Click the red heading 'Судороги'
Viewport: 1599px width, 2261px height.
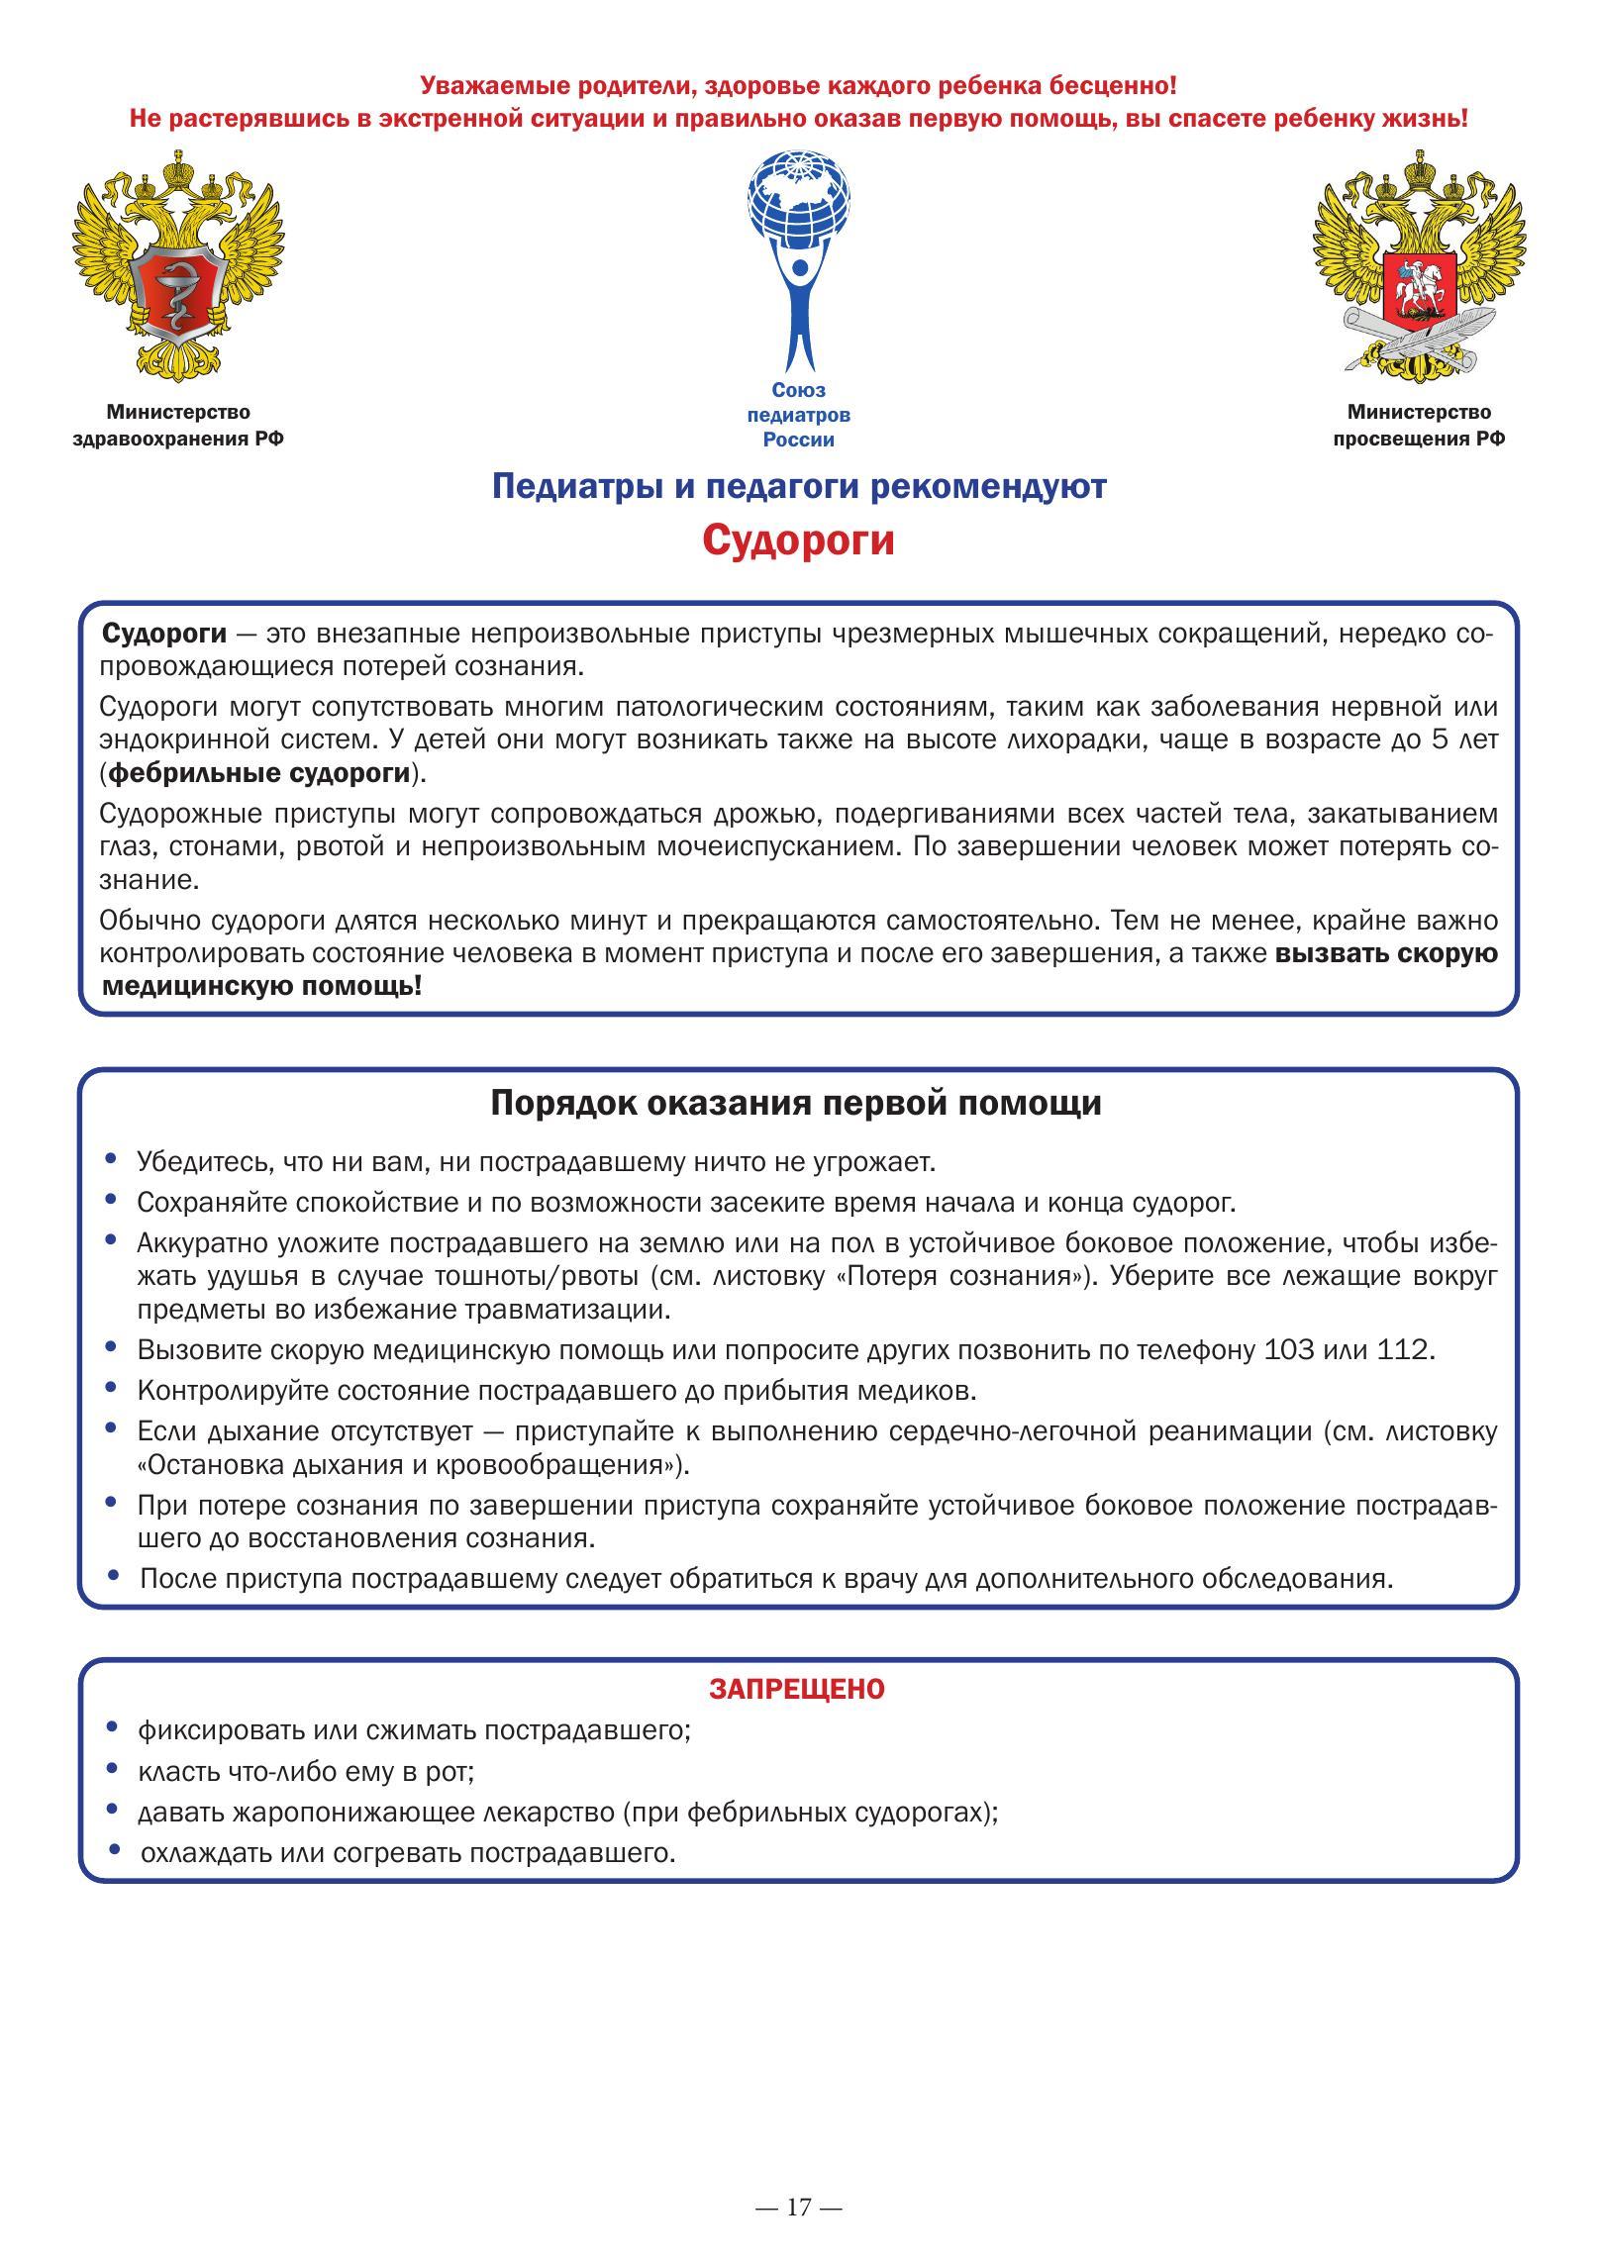(798, 541)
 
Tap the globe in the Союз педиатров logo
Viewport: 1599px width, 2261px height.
(799, 199)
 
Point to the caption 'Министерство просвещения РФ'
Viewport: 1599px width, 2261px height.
(1418, 425)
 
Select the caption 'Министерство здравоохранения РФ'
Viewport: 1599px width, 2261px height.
(178, 425)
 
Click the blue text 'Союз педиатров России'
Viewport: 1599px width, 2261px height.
(798, 415)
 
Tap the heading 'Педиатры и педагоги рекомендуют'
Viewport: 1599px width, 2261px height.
(798, 486)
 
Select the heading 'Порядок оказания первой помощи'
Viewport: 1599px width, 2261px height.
(796, 1103)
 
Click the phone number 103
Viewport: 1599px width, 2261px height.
(1293, 1349)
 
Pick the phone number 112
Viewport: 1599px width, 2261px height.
(1403, 1349)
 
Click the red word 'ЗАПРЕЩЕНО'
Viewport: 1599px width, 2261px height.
(796, 1689)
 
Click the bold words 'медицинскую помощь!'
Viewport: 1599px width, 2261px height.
(262, 986)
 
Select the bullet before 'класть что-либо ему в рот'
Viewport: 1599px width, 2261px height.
(112, 1769)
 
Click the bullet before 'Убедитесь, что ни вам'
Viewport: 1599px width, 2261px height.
(112, 1158)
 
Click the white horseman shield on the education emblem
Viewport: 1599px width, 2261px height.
(1417, 284)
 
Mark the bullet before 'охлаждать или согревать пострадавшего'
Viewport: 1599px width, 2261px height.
(116, 1849)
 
